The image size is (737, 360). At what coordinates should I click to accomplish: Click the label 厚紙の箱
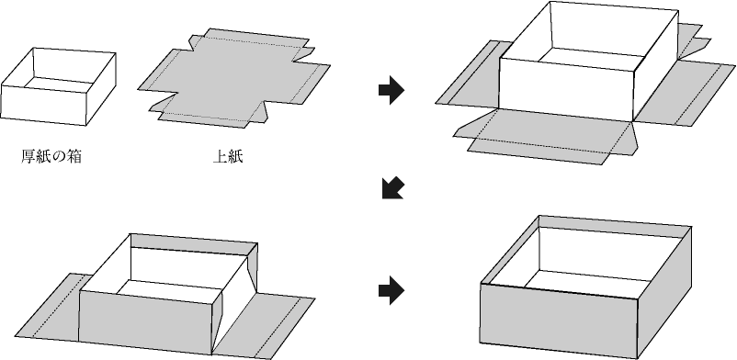[x=51, y=156]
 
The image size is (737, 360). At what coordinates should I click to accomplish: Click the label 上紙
[x=228, y=156]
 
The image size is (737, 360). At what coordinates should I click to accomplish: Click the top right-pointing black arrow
[x=391, y=89]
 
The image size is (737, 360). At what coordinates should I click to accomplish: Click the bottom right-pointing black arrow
[x=391, y=290]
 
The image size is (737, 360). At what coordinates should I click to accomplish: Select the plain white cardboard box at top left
[x=58, y=86]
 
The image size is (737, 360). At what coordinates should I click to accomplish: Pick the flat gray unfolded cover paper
[x=234, y=77]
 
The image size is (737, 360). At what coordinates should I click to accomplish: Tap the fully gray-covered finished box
[x=585, y=287]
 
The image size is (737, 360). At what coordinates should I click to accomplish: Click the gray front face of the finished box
[x=559, y=320]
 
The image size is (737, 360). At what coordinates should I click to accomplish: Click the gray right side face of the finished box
[x=664, y=291]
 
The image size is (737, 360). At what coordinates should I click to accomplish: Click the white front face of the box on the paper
[x=566, y=88]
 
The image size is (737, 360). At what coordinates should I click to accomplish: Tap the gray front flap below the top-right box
[x=545, y=136]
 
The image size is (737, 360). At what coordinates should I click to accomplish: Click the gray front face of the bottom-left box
[x=146, y=322]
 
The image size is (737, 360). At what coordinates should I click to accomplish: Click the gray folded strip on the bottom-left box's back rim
[x=194, y=244]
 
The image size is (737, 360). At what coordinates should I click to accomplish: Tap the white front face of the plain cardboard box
[x=43, y=105]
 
